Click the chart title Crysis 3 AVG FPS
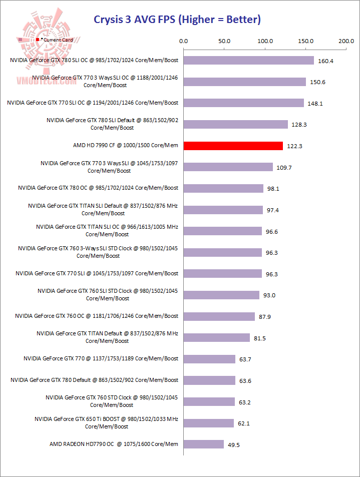coord(177,20)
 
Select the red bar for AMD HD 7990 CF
coord(233,146)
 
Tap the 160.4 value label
coord(325,61)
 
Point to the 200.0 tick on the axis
coord(346,41)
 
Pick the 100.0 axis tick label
coord(264,41)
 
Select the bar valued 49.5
coord(204,444)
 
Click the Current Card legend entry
coord(55,39)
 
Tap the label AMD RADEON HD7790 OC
coord(114,444)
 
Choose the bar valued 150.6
coord(245,82)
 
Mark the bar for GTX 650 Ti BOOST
coord(209,423)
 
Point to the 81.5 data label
coord(260,338)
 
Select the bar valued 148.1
coord(244,103)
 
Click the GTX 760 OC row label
coord(97,316)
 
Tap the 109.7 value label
coord(284,167)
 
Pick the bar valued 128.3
coord(236,124)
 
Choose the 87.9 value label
coord(265,316)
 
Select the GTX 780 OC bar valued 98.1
coord(223,188)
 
